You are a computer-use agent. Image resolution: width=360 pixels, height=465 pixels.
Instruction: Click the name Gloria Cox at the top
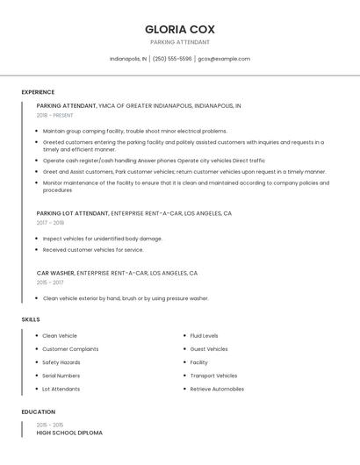[x=180, y=29]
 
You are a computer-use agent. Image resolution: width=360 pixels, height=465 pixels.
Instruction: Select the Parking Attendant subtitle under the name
[x=180, y=42]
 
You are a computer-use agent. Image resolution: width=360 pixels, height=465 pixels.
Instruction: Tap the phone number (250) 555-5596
[x=172, y=59]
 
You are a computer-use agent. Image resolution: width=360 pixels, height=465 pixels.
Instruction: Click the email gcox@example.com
[x=224, y=59]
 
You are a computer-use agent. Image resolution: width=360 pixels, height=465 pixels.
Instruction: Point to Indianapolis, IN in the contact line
[x=128, y=59]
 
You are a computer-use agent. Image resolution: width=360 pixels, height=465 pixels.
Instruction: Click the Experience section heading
[x=38, y=92]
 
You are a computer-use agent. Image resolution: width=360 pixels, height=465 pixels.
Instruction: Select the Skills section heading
[x=31, y=319]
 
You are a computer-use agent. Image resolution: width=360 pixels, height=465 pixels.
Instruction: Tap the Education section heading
[x=39, y=411]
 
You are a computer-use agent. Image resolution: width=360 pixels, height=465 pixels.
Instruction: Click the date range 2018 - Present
[x=56, y=115]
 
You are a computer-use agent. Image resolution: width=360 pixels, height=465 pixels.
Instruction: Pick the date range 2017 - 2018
[x=50, y=223]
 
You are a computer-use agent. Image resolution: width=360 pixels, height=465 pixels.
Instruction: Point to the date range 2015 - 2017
[x=50, y=283]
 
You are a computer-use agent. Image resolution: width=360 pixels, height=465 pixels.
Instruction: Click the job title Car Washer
[x=55, y=273]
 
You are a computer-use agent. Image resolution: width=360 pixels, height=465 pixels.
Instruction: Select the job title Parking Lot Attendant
[x=73, y=213]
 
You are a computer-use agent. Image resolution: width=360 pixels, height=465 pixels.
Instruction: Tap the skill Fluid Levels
[x=204, y=336]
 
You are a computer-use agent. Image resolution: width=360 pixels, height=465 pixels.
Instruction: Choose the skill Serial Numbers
[x=61, y=376]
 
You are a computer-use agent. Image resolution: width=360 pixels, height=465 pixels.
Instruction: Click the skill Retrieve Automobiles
[x=217, y=389]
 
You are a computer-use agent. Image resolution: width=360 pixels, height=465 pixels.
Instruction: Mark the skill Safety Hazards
[x=61, y=362]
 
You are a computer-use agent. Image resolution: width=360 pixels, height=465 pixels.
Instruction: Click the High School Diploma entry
[x=69, y=433]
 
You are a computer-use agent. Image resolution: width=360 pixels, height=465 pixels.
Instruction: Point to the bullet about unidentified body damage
[x=102, y=239]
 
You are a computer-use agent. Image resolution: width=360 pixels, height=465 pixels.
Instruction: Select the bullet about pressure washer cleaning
[x=125, y=298]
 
